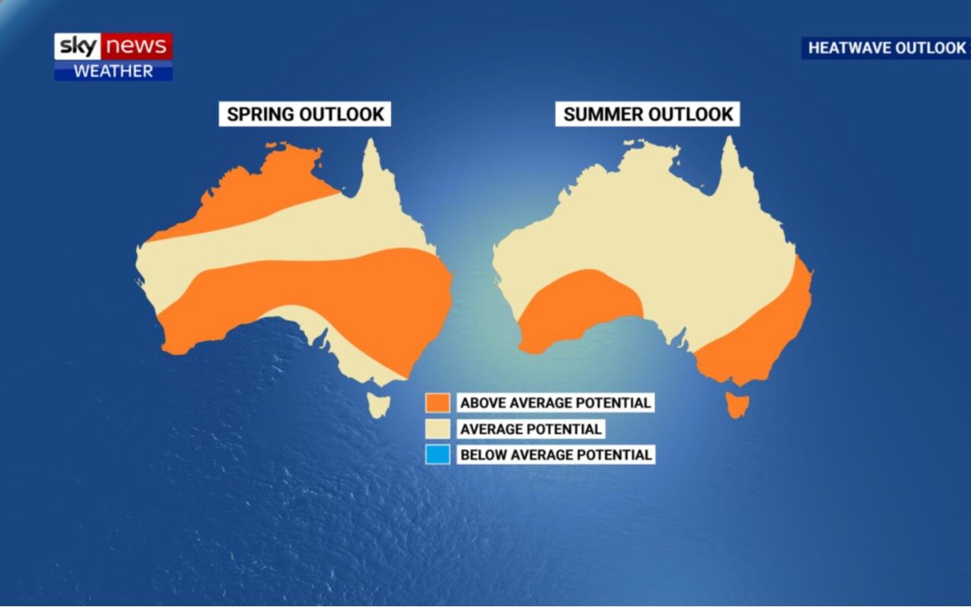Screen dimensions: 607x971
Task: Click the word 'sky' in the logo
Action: (78, 47)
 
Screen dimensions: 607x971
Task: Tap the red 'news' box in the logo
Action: (137, 47)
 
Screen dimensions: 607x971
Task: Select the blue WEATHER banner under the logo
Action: (113, 72)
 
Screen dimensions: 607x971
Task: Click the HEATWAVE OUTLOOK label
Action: (886, 48)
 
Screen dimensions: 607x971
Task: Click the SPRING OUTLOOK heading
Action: (305, 114)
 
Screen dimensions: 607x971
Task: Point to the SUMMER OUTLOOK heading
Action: (648, 114)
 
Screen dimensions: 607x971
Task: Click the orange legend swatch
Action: (439, 403)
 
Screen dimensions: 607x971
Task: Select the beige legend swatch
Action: (439, 429)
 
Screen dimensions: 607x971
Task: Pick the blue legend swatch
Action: (439, 454)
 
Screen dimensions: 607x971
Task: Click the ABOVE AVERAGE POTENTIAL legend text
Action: (555, 403)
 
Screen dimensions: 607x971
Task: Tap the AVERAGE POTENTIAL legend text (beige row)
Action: (530, 429)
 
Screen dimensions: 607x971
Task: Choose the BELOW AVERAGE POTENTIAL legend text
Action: (555, 454)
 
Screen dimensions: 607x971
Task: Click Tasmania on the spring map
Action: (379, 404)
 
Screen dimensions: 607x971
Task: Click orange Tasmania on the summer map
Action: (737, 404)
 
